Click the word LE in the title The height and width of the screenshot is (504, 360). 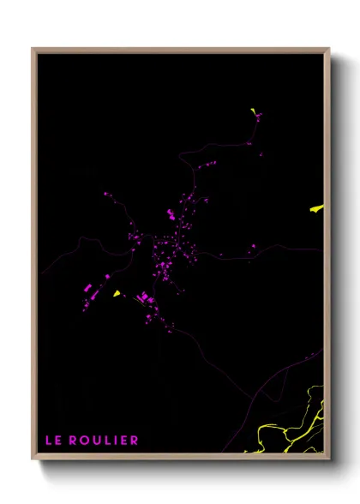54,441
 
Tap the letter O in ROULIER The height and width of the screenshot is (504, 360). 87,441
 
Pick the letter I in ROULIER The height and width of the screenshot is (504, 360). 117,441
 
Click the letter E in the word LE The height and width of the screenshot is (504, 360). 59,441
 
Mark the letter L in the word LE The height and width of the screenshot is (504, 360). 50,441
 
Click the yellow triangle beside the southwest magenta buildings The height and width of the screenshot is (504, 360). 116,293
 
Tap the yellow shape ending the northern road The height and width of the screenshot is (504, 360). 255,112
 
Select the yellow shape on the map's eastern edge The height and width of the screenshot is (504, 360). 317,207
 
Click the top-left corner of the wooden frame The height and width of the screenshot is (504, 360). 33,49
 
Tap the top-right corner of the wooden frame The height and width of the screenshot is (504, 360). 329,49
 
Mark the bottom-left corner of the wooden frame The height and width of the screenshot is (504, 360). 33,459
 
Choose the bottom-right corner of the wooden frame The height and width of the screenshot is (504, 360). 329,459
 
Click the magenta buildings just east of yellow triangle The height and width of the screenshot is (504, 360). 144,298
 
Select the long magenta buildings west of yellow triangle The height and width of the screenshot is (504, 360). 88,290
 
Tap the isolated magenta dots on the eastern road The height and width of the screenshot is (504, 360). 253,248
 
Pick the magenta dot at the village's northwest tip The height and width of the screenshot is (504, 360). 106,195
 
